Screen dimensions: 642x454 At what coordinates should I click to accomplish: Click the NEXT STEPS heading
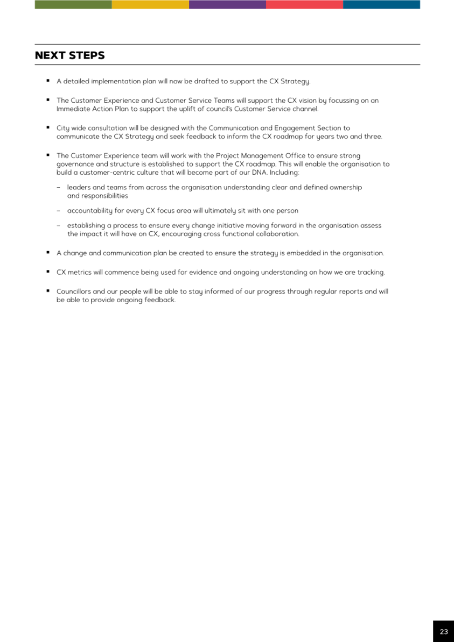[70, 55]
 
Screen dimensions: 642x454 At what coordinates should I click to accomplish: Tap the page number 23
[443, 631]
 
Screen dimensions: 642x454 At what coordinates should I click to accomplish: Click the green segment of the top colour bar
[73, 4]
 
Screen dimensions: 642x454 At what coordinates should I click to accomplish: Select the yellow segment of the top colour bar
[150, 4]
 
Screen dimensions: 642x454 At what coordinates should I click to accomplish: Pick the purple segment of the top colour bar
[227, 4]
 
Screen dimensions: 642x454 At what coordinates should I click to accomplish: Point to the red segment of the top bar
[304, 4]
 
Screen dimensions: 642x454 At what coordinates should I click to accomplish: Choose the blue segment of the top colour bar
[381, 4]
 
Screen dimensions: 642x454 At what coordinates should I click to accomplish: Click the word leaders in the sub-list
[78, 187]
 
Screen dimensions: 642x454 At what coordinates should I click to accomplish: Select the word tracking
[371, 272]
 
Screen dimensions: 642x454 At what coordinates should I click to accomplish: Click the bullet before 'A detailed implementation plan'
[48, 81]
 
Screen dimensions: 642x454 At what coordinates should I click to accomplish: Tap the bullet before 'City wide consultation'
[48, 127]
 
